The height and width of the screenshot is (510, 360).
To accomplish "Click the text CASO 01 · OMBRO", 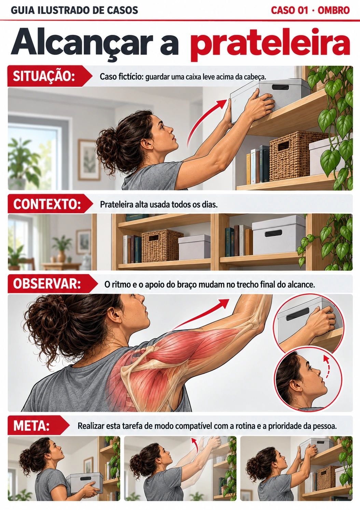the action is pyautogui.click(x=310, y=10).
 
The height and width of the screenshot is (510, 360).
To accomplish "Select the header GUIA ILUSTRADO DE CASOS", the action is pyautogui.click(x=74, y=10).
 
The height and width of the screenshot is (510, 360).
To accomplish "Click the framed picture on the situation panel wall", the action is pyautogui.click(x=89, y=160).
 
